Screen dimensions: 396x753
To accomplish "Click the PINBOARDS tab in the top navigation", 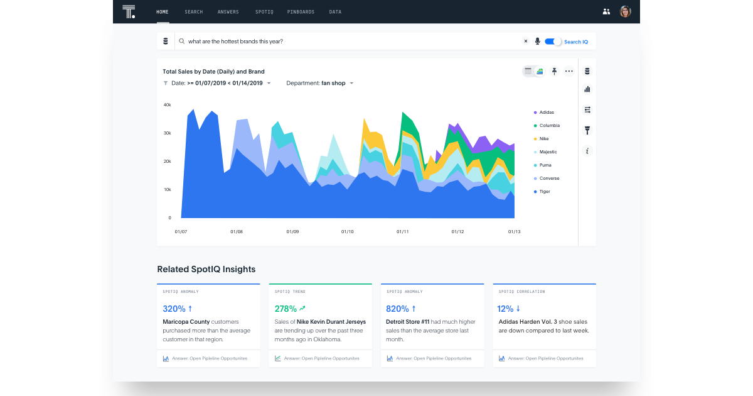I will click(301, 12).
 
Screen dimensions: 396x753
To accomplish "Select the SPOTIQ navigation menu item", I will click(264, 12).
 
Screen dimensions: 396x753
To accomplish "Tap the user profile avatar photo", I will click(625, 11).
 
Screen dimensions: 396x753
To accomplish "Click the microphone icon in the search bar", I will click(537, 41).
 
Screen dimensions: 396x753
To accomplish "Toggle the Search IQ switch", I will click(553, 41).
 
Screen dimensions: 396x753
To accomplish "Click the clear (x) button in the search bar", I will click(526, 41).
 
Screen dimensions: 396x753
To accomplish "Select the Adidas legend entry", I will click(546, 113).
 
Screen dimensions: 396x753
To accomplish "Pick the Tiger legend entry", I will click(544, 192).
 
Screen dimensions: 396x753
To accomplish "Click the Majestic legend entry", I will click(547, 152).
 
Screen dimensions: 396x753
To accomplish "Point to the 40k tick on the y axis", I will click(168, 105).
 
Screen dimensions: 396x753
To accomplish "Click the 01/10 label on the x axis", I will click(348, 232).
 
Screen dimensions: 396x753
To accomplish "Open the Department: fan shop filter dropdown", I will click(320, 83).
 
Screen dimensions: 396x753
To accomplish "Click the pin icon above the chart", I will click(554, 71).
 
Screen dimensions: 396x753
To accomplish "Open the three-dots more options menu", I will click(569, 71).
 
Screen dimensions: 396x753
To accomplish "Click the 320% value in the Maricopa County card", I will click(174, 309).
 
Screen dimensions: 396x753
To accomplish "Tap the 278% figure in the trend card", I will click(286, 309).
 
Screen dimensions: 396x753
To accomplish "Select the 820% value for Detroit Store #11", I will click(397, 309).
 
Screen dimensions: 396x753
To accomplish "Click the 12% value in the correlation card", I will click(505, 309).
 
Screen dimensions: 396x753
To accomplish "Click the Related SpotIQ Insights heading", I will click(206, 269).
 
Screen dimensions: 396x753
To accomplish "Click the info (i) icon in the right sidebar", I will click(587, 151).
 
